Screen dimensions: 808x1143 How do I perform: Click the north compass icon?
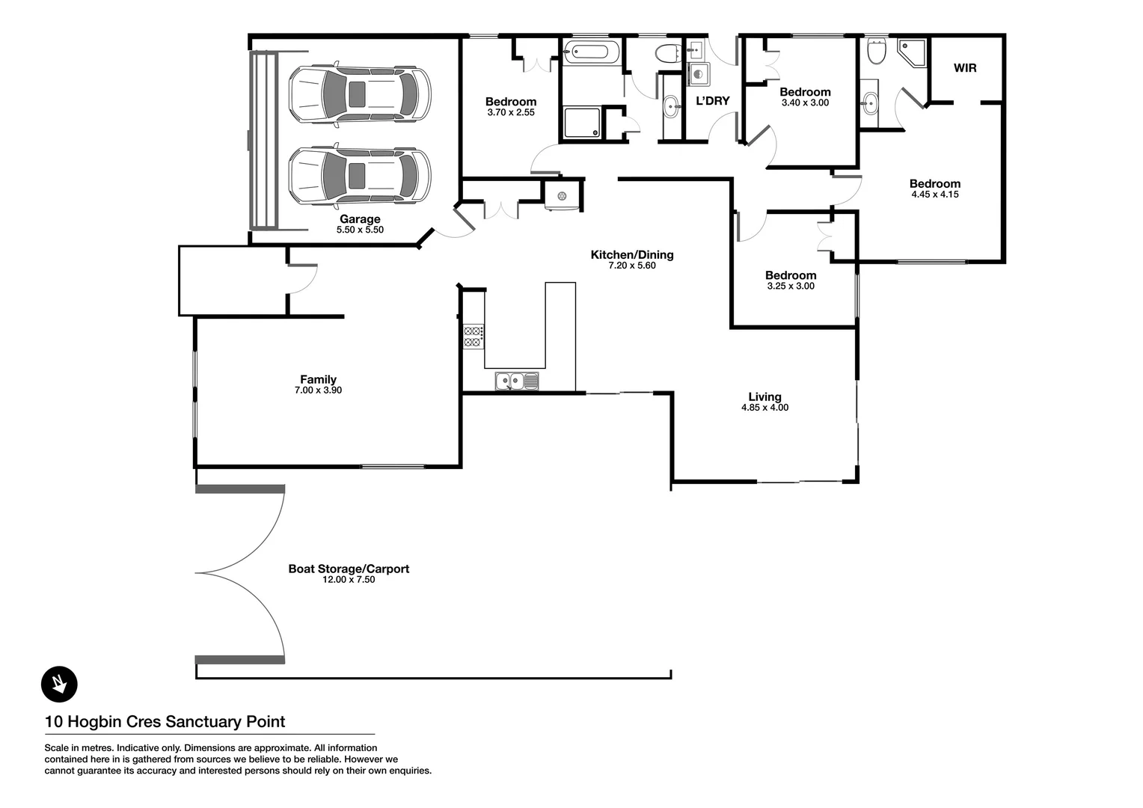59,684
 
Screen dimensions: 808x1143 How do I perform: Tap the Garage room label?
360,219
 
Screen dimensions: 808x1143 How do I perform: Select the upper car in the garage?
360,94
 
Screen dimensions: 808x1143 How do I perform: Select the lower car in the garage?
360,176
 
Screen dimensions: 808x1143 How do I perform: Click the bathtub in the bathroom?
591,53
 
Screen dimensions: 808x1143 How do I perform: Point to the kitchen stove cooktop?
473,337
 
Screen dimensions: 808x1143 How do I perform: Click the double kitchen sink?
516,382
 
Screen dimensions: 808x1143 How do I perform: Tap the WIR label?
965,68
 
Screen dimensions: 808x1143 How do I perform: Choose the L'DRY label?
712,101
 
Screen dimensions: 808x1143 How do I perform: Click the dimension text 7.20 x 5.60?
631,266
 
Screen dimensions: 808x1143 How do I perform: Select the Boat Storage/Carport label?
349,569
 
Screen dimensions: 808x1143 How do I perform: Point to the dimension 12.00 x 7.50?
349,580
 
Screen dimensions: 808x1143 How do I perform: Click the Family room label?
318,379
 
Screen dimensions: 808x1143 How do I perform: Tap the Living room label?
764,397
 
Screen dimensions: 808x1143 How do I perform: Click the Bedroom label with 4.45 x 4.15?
934,183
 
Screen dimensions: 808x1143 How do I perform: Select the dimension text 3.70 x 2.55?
510,113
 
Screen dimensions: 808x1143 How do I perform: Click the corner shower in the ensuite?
913,53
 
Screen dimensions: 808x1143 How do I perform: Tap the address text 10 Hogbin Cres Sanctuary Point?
165,722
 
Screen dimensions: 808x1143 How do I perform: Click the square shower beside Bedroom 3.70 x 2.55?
582,123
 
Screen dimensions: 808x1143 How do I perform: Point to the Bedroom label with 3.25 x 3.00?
791,275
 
